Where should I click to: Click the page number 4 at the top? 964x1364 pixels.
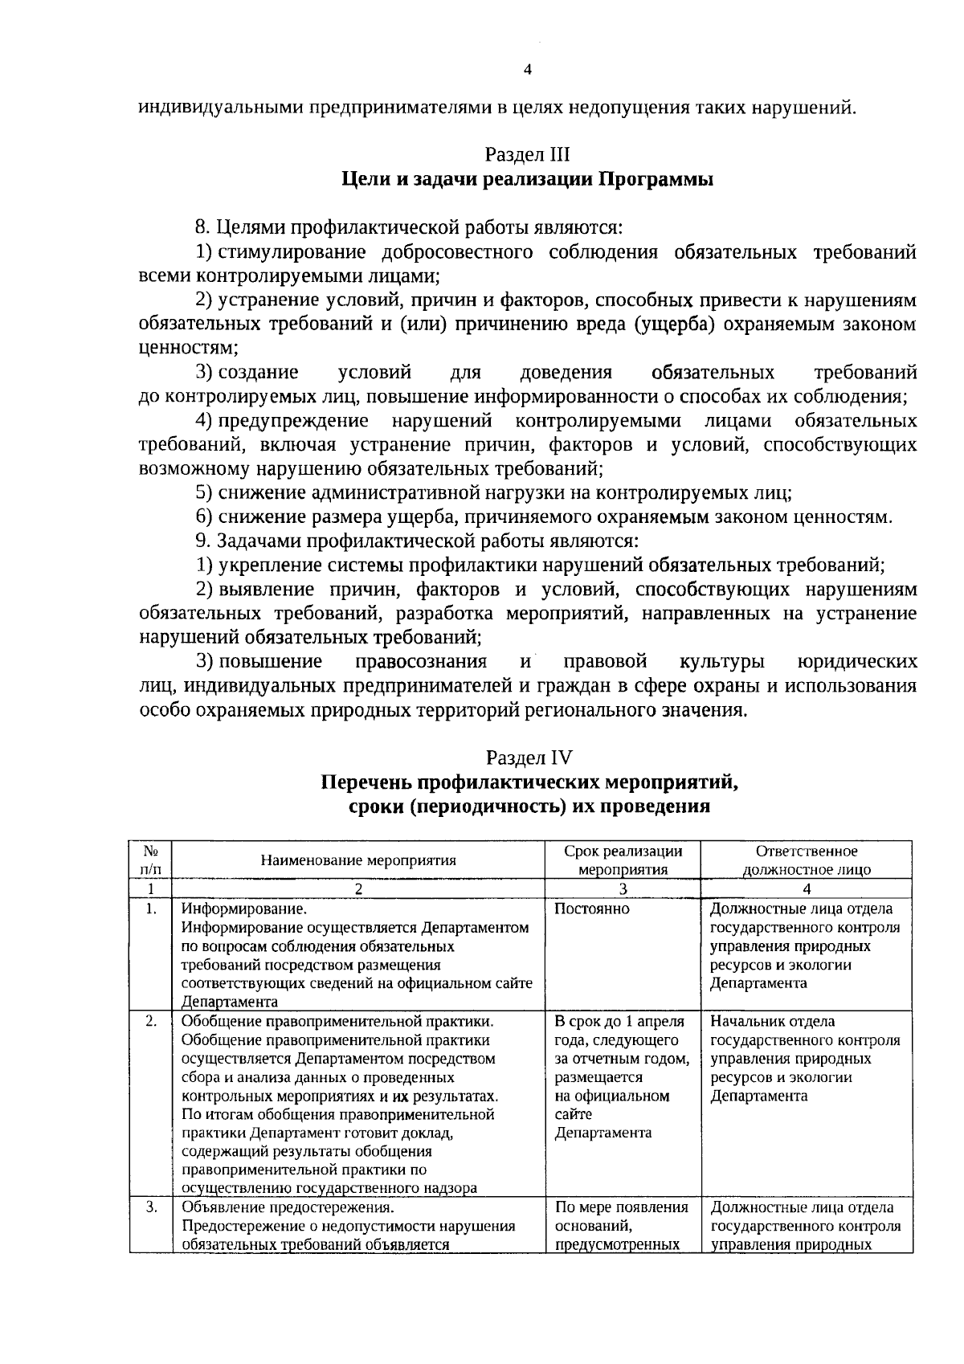click(x=527, y=70)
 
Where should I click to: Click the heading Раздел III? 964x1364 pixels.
click(x=527, y=154)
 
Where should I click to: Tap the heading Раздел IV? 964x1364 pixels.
click(x=528, y=758)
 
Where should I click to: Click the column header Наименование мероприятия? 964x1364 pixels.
click(x=358, y=860)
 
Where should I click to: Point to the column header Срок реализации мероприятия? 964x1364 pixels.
click(x=623, y=860)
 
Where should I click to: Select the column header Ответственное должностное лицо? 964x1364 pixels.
click(x=807, y=860)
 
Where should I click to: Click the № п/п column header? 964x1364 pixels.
click(x=149, y=860)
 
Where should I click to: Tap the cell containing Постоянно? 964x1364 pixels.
click(x=592, y=909)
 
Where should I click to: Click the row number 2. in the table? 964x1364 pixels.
click(x=150, y=1021)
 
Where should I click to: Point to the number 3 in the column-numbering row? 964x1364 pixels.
click(x=623, y=889)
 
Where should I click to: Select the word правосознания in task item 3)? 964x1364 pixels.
click(x=420, y=662)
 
